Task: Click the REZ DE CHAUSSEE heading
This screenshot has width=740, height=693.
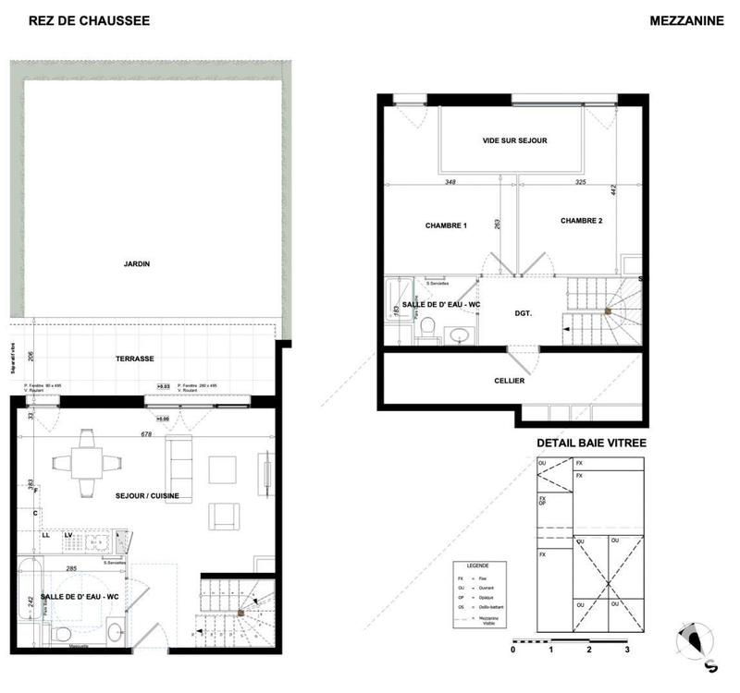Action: coord(89,20)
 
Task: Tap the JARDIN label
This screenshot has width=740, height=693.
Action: coord(137,264)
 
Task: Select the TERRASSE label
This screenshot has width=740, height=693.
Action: coord(134,359)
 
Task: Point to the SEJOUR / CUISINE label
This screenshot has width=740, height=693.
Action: coord(147,496)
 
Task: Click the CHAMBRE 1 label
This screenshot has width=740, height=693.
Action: coord(446,226)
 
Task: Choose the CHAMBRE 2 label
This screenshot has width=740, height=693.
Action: coord(581,221)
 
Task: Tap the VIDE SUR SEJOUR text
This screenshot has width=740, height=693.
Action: coord(514,140)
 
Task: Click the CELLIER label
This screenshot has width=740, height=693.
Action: coord(510,381)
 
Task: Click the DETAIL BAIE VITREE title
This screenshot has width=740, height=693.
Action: coord(591,444)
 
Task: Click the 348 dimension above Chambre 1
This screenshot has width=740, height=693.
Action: coord(450,182)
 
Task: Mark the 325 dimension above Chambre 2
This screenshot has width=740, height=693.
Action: coord(581,182)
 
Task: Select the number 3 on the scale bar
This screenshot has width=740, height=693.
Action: coord(626,650)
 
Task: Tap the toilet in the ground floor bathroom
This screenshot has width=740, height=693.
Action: coord(61,632)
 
